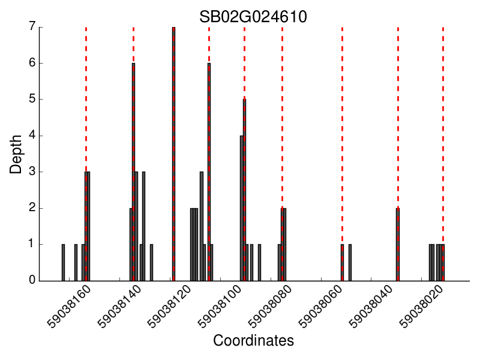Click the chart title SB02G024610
[x=253, y=17]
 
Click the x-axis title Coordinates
[x=253, y=341]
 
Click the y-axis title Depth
[x=16, y=154]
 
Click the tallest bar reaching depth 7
[x=173, y=154]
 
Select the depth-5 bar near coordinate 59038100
[x=244, y=190]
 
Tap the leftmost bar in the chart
[x=63, y=263]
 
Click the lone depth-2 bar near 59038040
[x=397, y=245]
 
